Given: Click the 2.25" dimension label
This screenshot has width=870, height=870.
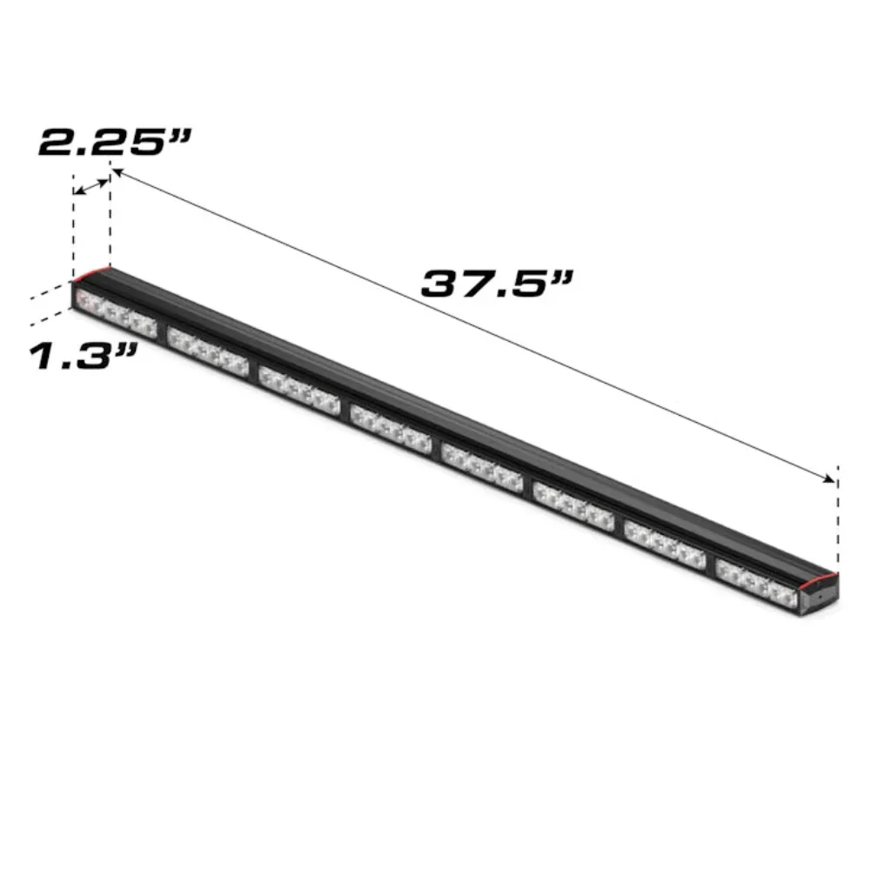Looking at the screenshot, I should pyautogui.click(x=116, y=142).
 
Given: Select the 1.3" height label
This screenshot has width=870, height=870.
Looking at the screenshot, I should pyautogui.click(x=84, y=356).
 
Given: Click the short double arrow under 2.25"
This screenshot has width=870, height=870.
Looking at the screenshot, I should pyautogui.click(x=90, y=185).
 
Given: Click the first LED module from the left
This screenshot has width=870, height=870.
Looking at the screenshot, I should pyautogui.click(x=117, y=314).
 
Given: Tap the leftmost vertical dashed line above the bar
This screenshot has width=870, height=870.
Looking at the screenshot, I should pyautogui.click(x=73, y=231).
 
